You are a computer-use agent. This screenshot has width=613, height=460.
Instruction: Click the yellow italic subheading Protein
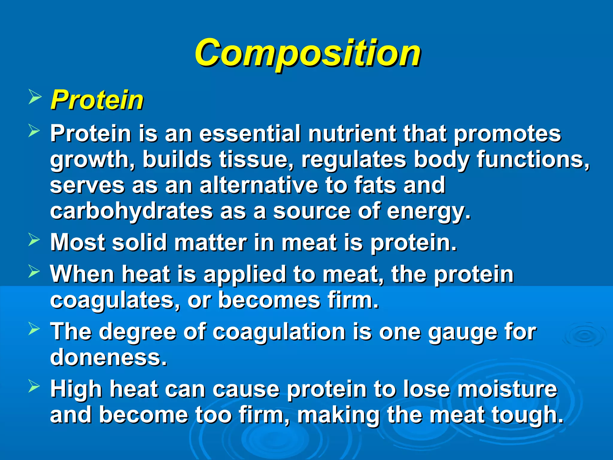click(x=97, y=100)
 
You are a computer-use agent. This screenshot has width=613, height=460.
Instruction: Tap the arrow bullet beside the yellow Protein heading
click(x=34, y=98)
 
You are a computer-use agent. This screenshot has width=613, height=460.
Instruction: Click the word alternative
click(x=259, y=185)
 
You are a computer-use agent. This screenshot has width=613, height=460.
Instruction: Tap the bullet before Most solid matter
click(x=34, y=240)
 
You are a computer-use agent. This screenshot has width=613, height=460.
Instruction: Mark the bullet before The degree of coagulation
click(x=34, y=329)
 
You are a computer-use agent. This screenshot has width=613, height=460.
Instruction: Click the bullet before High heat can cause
click(x=34, y=386)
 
